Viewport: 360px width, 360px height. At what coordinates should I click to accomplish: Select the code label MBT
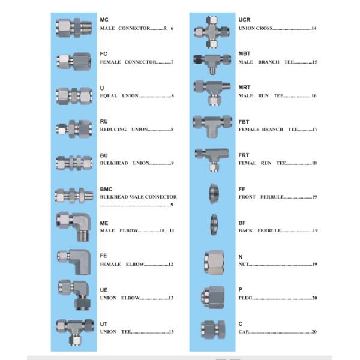coord(245,53)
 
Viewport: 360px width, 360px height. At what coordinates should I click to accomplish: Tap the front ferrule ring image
coord(213,192)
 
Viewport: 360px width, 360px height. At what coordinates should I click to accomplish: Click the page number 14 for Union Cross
coord(314,28)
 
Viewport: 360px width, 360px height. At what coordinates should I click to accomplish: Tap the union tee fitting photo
coord(74,329)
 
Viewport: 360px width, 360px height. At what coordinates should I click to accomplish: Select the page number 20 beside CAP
coord(314,332)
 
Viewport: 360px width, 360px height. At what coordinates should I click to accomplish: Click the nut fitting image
coord(213,260)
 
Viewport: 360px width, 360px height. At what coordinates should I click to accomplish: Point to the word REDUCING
coord(113,129)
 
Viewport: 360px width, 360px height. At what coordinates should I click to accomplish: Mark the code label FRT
coord(244,155)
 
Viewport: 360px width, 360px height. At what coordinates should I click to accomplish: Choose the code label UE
coord(104,290)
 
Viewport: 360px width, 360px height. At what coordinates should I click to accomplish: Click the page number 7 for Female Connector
coord(172,62)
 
